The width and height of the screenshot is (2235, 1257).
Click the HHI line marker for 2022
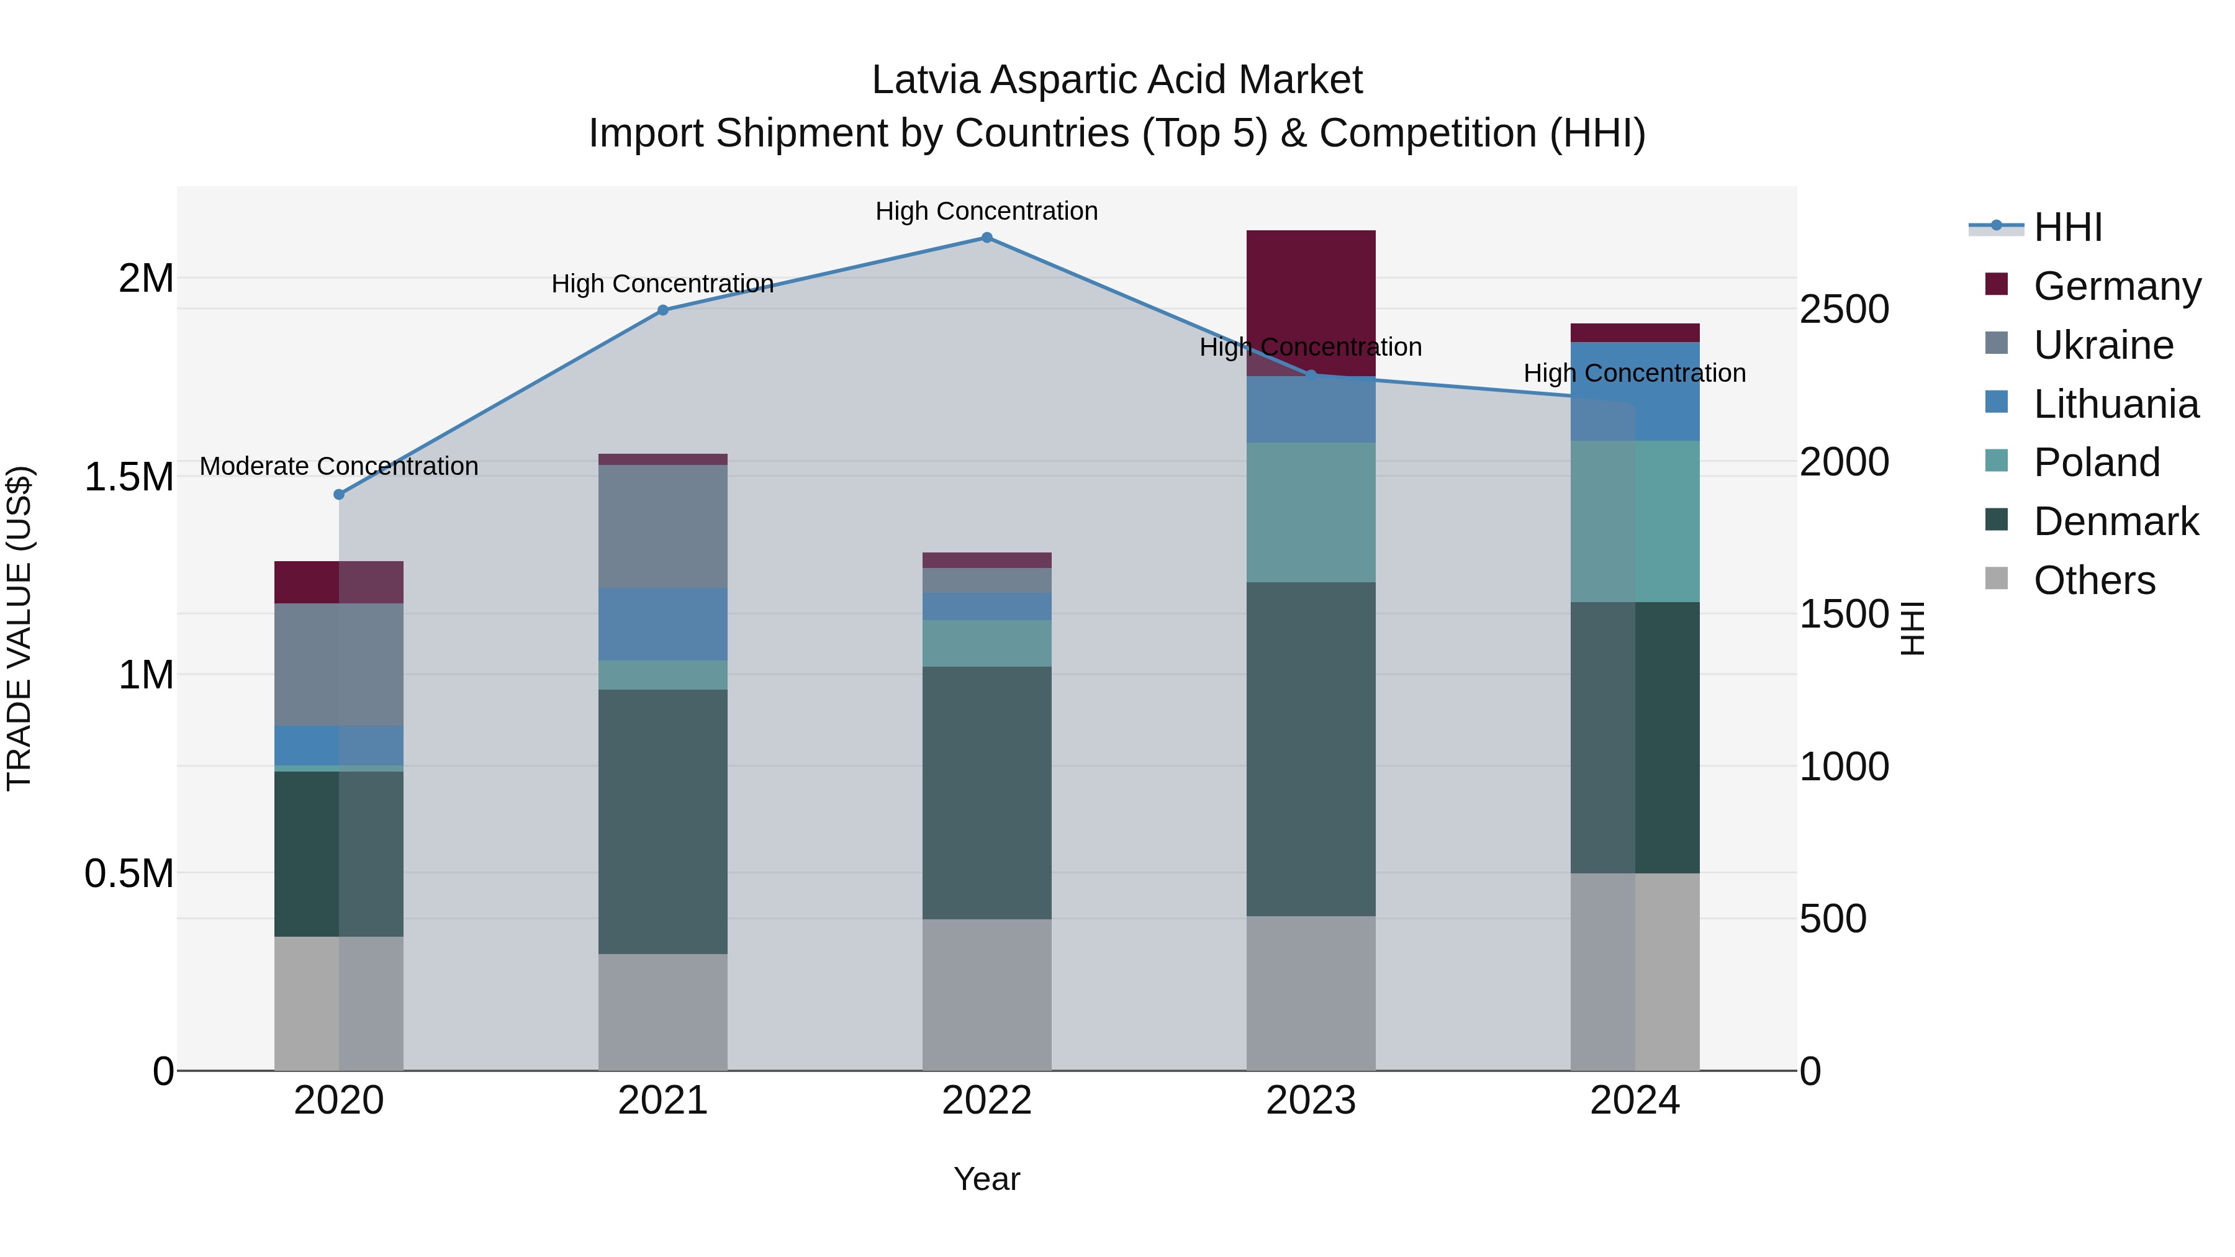pos(987,238)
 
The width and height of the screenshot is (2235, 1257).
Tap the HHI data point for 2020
pos(339,495)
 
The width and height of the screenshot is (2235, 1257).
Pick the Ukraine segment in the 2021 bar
pos(663,526)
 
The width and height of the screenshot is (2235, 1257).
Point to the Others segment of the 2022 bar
pos(987,994)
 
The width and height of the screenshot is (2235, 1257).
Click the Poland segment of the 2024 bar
pos(1635,521)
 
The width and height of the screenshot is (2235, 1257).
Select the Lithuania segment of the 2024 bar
pos(1635,391)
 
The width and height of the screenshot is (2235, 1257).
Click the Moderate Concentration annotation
pos(339,467)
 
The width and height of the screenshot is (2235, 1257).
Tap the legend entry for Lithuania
pos(2115,404)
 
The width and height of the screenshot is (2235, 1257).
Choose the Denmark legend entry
pos(2115,522)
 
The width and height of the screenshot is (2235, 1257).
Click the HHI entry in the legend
pos(2067,227)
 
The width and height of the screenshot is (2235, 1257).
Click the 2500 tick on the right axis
pos(1844,310)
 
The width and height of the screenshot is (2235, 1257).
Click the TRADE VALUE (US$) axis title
pos(19,628)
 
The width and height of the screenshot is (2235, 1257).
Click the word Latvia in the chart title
pos(926,80)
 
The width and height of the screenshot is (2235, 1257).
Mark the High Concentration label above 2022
pos(987,212)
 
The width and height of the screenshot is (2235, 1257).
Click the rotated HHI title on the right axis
pos(1912,628)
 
